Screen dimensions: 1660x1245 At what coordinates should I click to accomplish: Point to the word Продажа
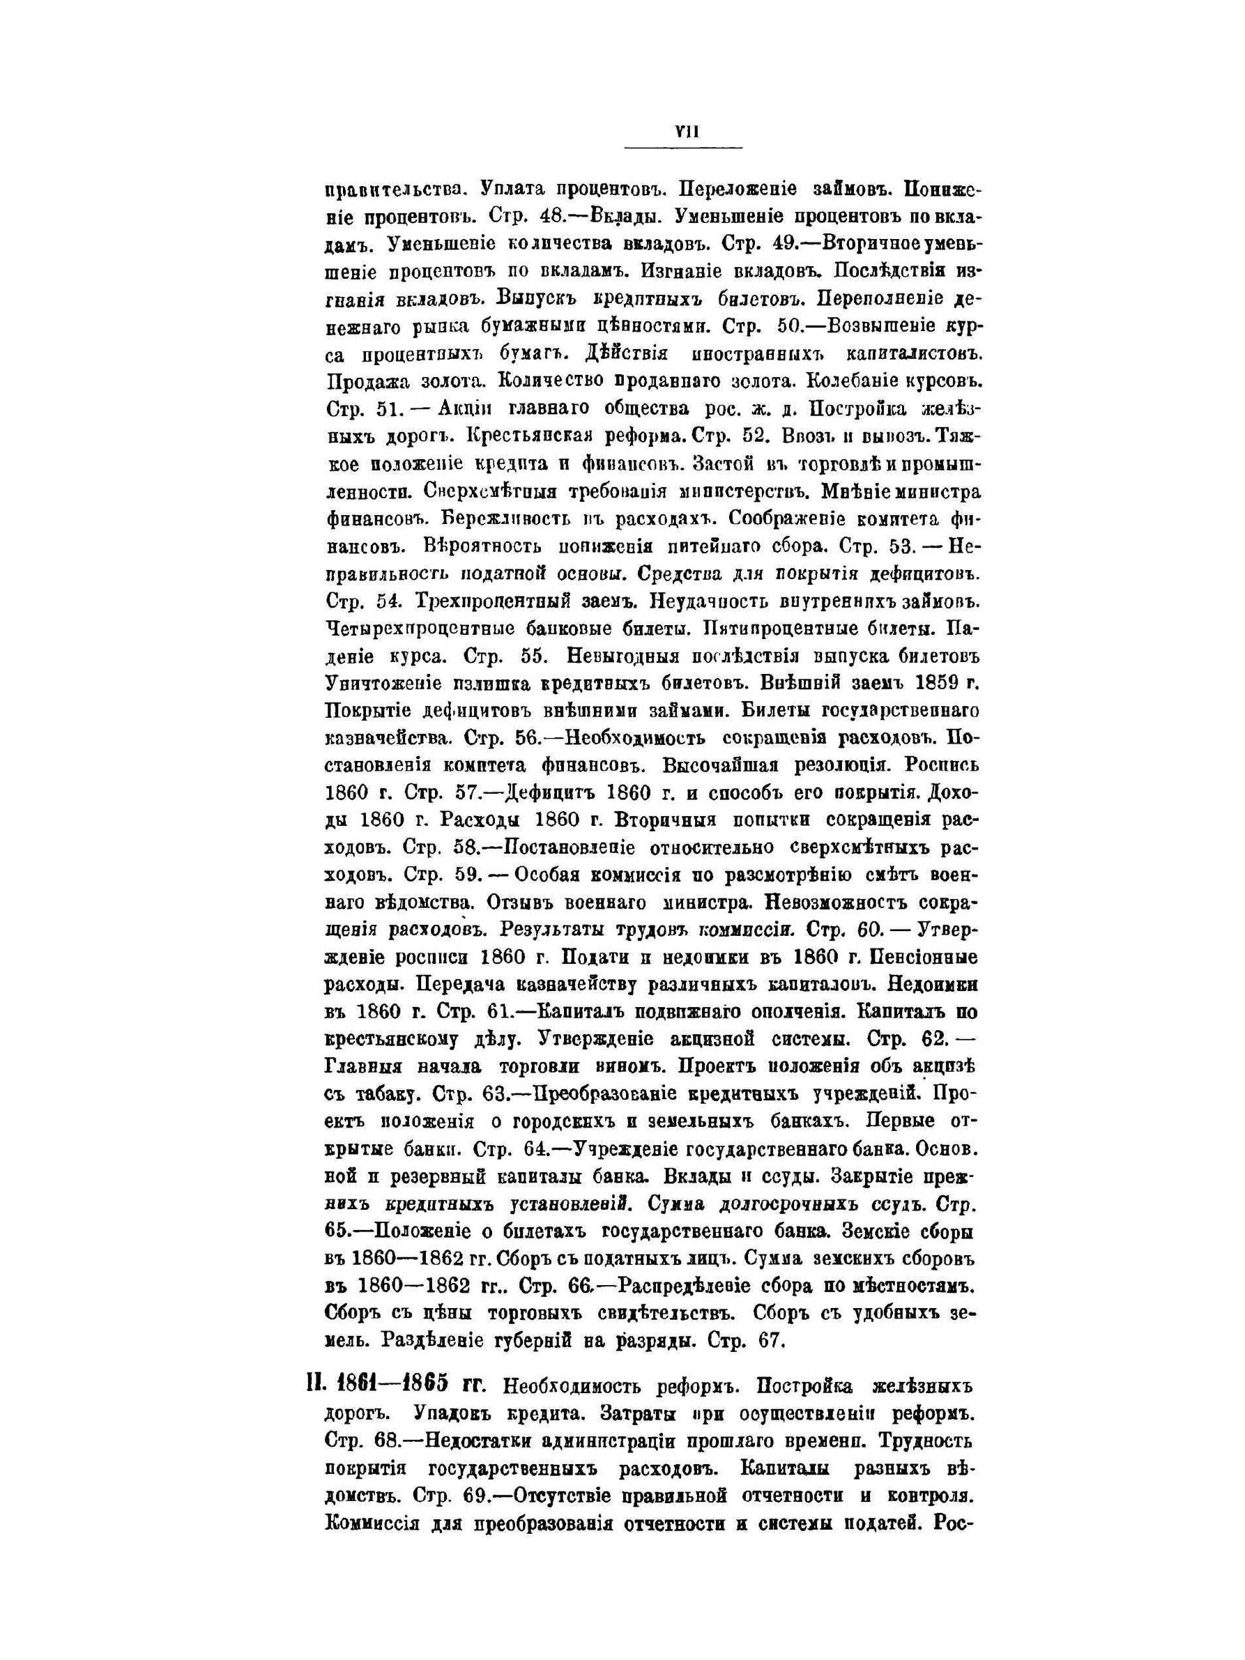point(363,382)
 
